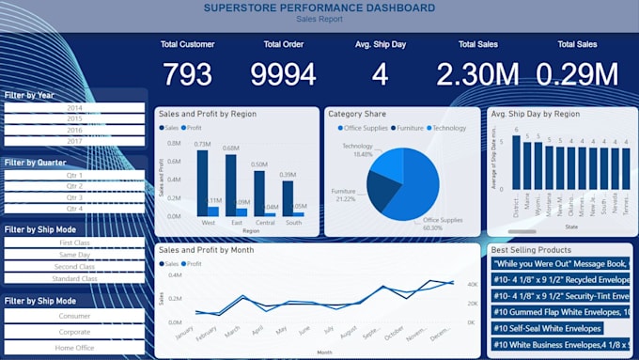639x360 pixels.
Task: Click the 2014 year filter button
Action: (x=74, y=108)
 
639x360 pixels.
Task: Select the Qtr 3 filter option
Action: (x=74, y=197)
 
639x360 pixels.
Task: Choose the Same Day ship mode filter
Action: (x=74, y=255)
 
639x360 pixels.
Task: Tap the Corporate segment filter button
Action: (x=74, y=333)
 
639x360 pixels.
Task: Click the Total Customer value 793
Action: (x=187, y=74)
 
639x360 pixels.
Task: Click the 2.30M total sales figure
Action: (x=478, y=74)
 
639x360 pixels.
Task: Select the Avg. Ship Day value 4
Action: (x=380, y=74)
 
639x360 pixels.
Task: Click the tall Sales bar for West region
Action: (x=202, y=183)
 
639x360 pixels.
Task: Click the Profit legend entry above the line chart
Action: (x=194, y=264)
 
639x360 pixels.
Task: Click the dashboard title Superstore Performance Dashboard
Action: (x=319, y=8)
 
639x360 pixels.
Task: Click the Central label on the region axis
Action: (x=265, y=224)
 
